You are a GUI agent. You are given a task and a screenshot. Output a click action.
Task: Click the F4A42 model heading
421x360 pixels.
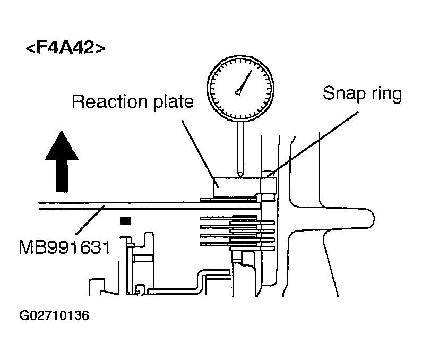[x=65, y=47]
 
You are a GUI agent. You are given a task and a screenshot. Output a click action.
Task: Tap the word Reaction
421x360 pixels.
[x=109, y=102]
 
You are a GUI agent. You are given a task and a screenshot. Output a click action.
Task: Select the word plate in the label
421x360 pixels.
[x=174, y=102]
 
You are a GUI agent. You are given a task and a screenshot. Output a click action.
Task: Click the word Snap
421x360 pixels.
[x=344, y=93]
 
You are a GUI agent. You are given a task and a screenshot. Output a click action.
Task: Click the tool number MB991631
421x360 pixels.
[x=64, y=247]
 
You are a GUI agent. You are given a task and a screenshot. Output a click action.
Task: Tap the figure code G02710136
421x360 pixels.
[x=54, y=315]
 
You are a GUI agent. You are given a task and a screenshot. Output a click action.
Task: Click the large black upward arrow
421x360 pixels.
[x=62, y=161]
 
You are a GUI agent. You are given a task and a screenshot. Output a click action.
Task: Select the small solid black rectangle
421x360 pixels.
[x=125, y=221]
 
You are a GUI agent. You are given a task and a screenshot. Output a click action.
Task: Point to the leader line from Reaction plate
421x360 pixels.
[x=200, y=153]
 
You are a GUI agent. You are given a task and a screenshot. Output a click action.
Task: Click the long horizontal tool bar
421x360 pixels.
[x=149, y=205]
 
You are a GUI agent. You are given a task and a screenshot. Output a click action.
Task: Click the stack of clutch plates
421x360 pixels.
[x=238, y=232]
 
